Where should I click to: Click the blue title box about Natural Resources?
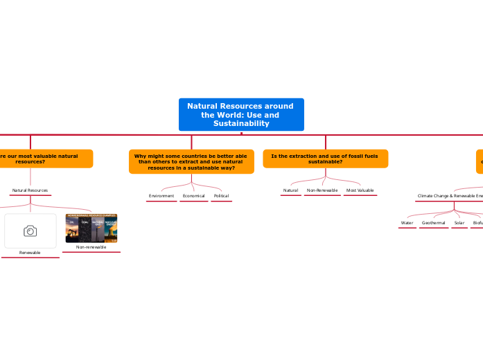241,114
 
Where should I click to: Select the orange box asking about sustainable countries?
191,162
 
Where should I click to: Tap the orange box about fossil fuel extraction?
325,159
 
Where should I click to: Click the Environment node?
161,196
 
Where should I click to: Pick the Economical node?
193,196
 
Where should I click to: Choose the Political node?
221,196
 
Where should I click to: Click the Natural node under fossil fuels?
291,190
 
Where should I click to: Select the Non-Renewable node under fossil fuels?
322,190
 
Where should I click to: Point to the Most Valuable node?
360,190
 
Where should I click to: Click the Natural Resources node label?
30,190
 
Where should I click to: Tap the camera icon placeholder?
30,231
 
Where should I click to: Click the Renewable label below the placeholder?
30,253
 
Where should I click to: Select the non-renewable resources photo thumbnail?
91,228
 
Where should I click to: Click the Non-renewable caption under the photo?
91,247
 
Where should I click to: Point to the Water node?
407,223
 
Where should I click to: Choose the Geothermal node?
434,223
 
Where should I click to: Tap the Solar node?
459,223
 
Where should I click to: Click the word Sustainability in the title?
241,123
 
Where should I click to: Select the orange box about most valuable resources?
42,159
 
